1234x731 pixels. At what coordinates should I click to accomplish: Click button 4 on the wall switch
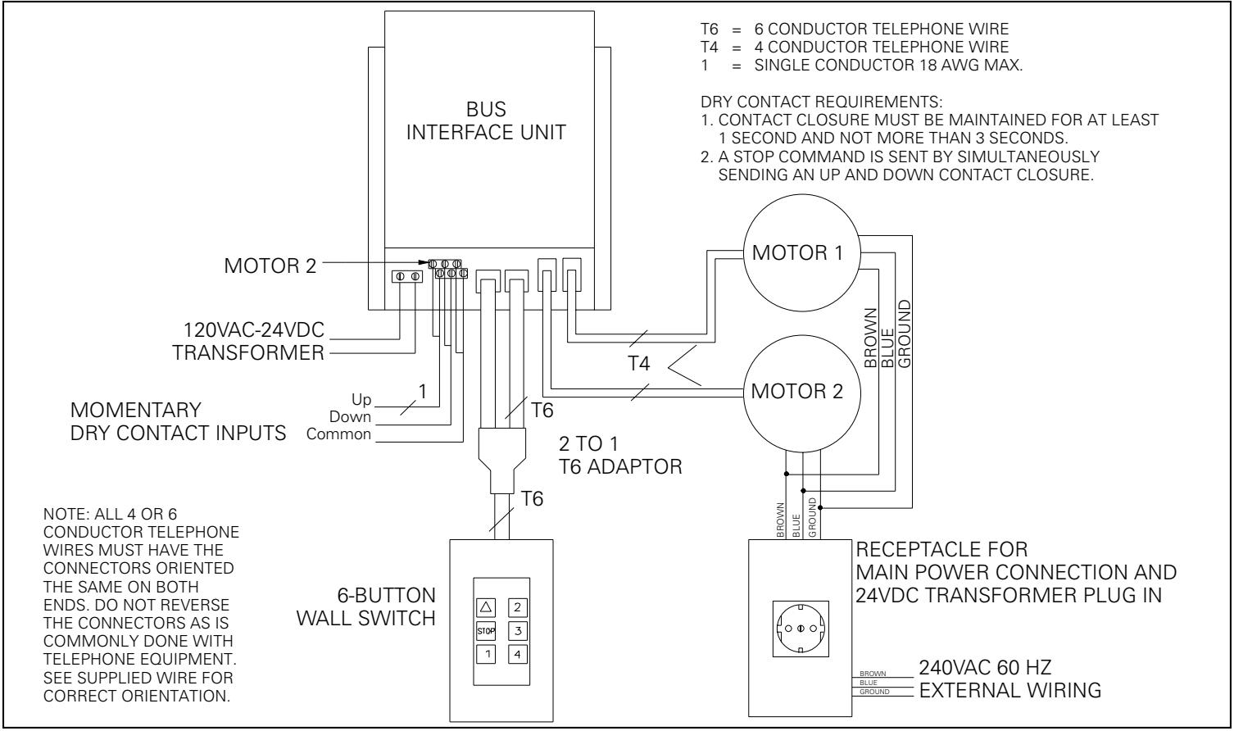[516, 655]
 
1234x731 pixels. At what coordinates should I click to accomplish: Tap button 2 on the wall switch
[516, 607]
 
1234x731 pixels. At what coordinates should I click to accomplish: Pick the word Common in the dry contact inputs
[338, 434]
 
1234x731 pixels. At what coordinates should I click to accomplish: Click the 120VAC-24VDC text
[254, 330]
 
